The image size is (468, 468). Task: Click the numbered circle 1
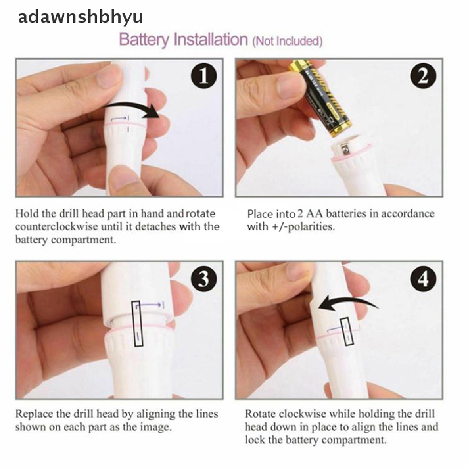(x=204, y=76)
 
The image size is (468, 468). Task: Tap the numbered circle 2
(x=423, y=76)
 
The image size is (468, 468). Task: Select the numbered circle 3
(x=204, y=279)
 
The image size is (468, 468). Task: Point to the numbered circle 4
(x=423, y=279)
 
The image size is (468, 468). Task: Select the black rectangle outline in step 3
(x=138, y=324)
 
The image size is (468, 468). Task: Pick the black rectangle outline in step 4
(x=347, y=332)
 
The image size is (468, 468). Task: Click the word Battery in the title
(x=144, y=40)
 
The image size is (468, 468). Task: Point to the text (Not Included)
(x=287, y=41)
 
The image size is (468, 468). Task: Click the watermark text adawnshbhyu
(x=80, y=17)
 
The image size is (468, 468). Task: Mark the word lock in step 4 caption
(x=255, y=440)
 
